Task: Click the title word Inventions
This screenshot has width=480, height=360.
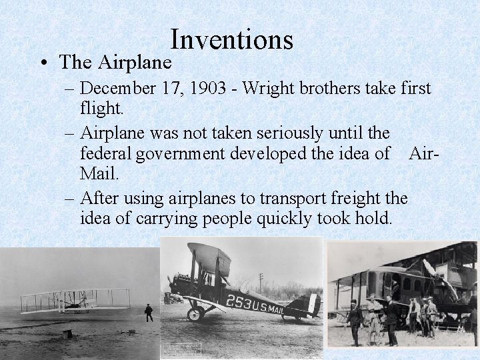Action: pyautogui.click(x=231, y=40)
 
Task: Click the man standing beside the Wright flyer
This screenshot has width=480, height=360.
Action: pyautogui.click(x=149, y=312)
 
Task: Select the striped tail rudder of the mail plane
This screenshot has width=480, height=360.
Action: pyautogui.click(x=311, y=305)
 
